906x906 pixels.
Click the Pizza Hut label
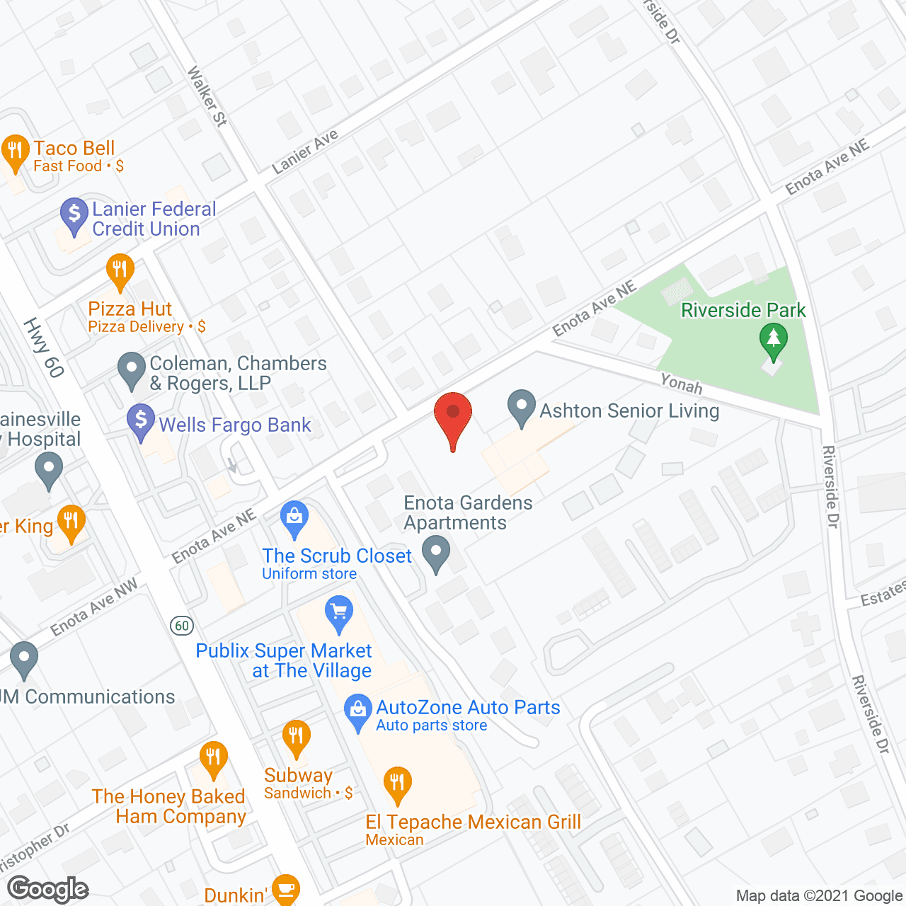pyautogui.click(x=130, y=309)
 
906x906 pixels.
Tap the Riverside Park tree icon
pyautogui.click(x=773, y=339)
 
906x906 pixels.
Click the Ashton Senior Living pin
pyautogui.click(x=522, y=407)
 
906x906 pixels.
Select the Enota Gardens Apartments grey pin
pyautogui.click(x=436, y=551)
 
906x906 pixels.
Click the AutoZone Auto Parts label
pyautogui.click(x=468, y=707)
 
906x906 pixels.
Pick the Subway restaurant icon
pyautogui.click(x=296, y=737)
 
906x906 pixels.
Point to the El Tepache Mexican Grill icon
pyautogui.click(x=397, y=783)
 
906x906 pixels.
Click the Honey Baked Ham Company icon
pyautogui.click(x=212, y=758)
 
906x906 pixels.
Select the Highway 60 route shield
pyautogui.click(x=182, y=625)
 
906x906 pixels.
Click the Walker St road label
pyautogui.click(x=207, y=96)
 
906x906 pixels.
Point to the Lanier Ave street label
pyautogui.click(x=305, y=151)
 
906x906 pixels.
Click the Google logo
pyautogui.click(x=48, y=888)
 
